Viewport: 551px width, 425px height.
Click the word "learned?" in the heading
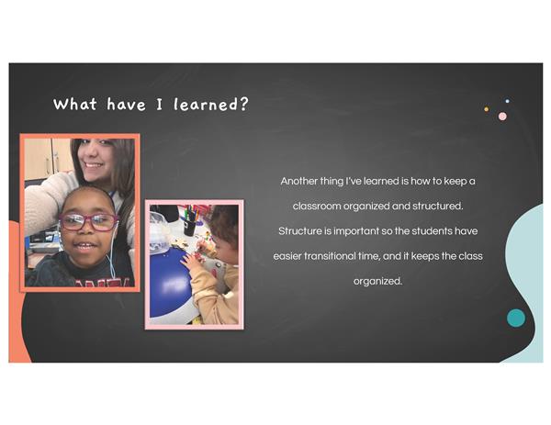[211, 105]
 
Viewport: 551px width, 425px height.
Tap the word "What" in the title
[75, 105]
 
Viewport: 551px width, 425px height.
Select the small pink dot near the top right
[502, 117]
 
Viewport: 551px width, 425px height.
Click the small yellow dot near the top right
[487, 109]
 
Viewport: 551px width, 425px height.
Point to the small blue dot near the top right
[507, 101]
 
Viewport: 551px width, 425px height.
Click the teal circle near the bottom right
[516, 319]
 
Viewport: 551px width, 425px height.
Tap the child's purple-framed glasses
[89, 221]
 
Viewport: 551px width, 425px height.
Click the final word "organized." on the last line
[377, 282]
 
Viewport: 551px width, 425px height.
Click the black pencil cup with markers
[189, 225]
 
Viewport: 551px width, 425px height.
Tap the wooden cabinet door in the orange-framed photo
[38, 159]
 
